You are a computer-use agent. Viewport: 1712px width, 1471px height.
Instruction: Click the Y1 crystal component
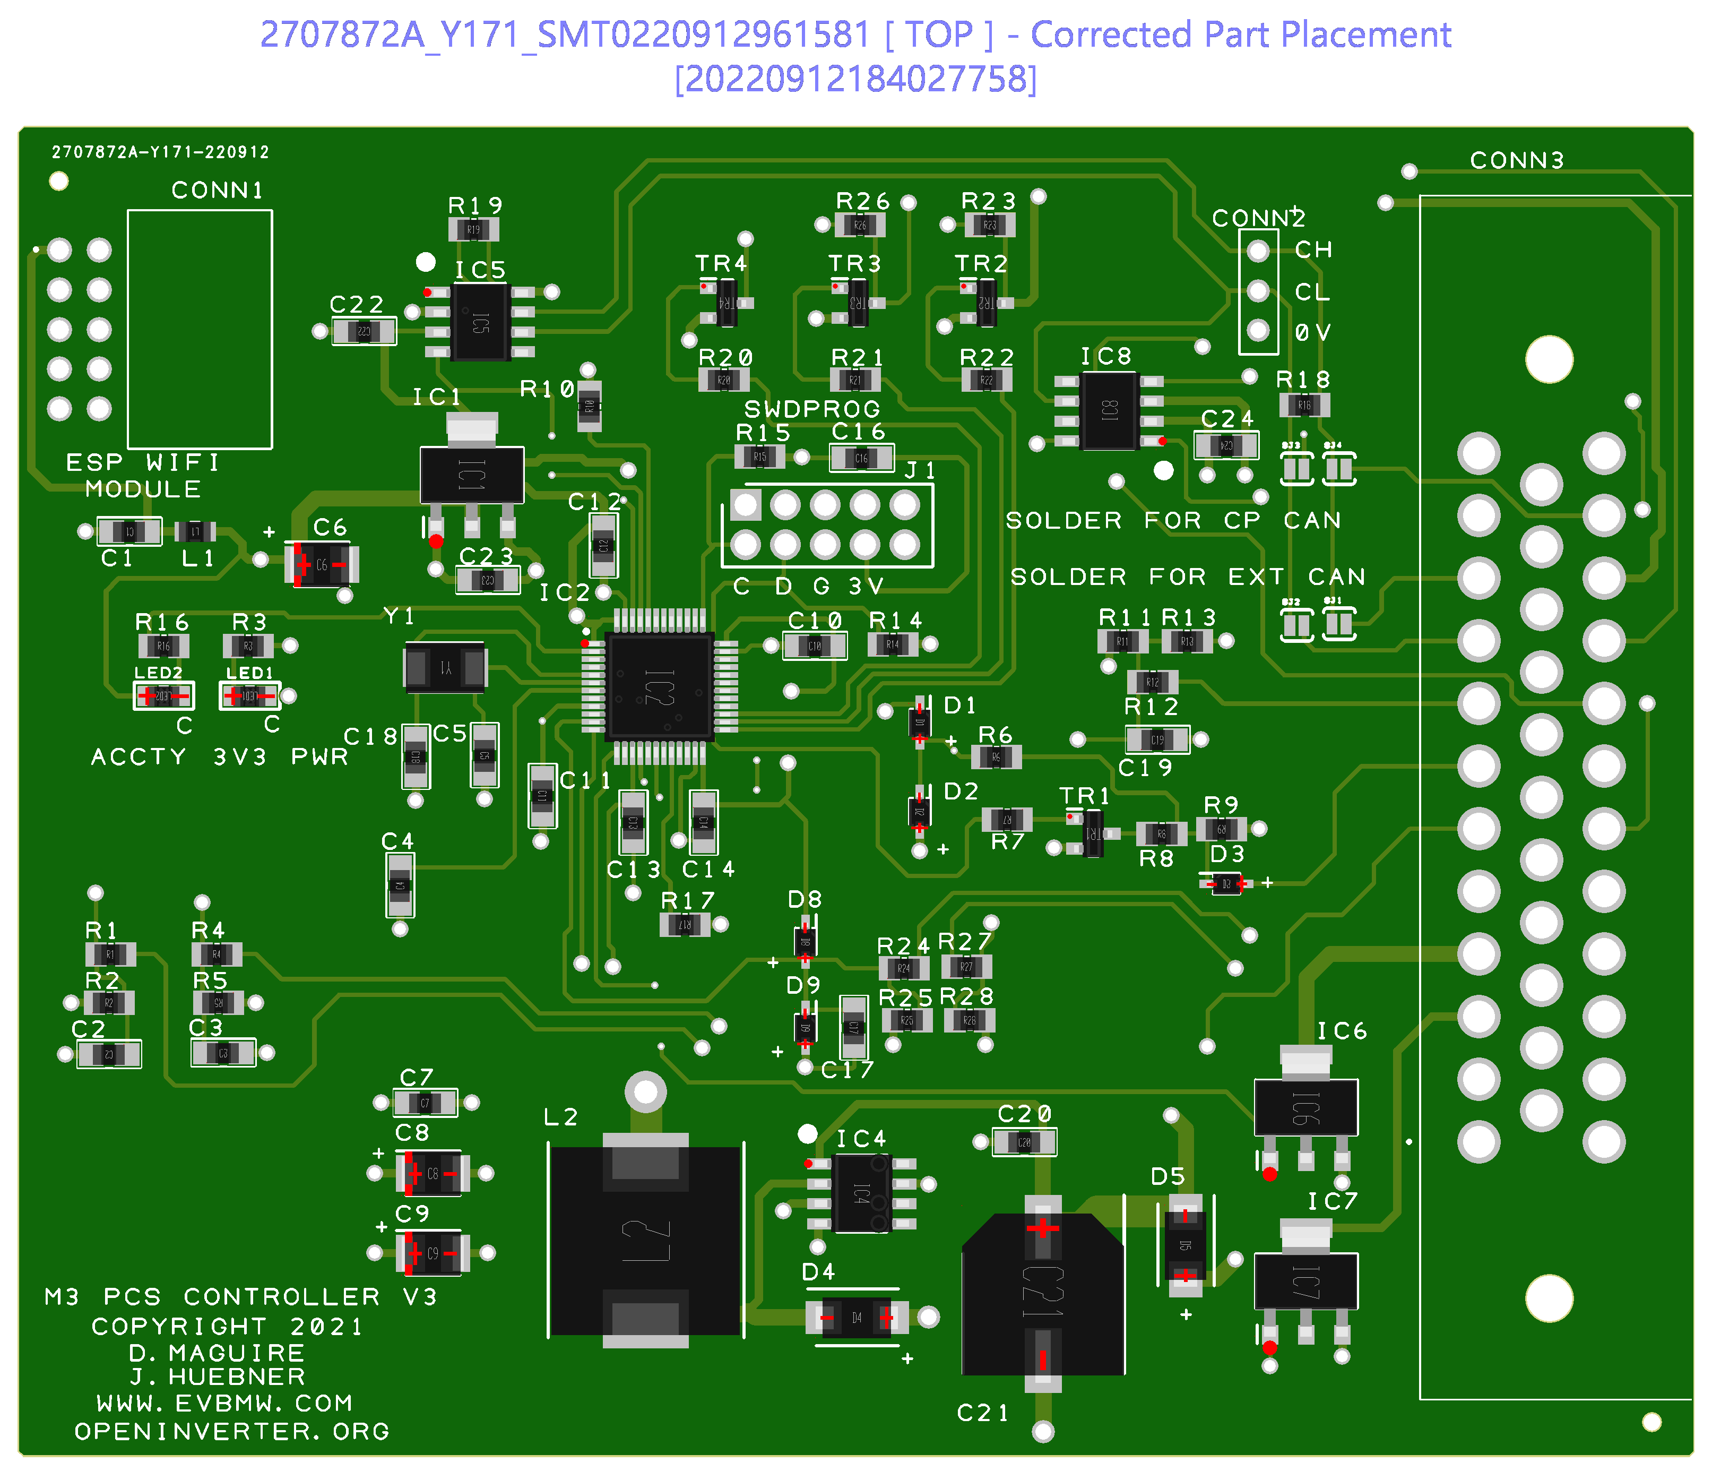coord(445,667)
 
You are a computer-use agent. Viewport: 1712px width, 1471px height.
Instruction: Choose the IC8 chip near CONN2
coord(1109,410)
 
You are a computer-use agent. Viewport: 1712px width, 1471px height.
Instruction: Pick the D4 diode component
coord(857,1317)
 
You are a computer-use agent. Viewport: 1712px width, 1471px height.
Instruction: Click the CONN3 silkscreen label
coord(1517,160)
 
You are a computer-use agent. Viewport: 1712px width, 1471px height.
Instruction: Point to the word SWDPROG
coord(812,409)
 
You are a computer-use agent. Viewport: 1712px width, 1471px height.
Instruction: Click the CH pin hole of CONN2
coord(1258,251)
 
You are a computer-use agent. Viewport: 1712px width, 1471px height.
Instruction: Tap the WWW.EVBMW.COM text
coord(224,1403)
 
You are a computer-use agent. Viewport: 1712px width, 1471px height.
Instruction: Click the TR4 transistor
coord(727,303)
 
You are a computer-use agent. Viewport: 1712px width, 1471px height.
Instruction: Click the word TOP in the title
coord(939,35)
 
